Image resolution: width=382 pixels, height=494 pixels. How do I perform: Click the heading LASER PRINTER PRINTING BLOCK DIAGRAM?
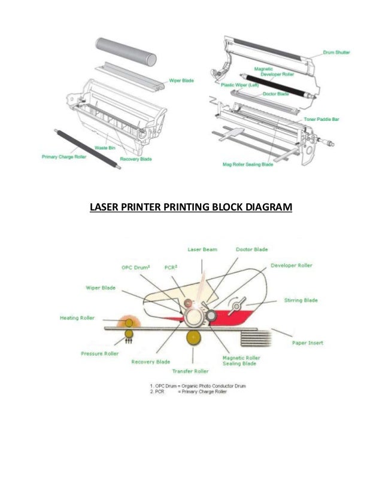tap(190, 208)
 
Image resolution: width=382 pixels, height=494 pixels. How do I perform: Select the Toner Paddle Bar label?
tap(322, 119)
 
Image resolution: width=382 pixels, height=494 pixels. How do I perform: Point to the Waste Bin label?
tap(106, 147)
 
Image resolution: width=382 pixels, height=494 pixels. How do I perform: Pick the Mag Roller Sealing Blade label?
tap(247, 163)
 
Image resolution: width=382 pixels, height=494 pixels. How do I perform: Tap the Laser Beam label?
tap(202, 249)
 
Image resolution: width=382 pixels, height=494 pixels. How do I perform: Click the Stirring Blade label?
tap(301, 300)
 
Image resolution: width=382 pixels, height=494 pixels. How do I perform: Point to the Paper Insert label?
tap(307, 343)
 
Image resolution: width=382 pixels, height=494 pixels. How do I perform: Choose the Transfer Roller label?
tap(193, 371)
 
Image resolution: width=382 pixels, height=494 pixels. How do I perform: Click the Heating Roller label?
tap(77, 318)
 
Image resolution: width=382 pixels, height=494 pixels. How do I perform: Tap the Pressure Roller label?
tap(100, 353)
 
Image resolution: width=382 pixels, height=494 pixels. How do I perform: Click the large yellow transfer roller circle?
tap(193, 338)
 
